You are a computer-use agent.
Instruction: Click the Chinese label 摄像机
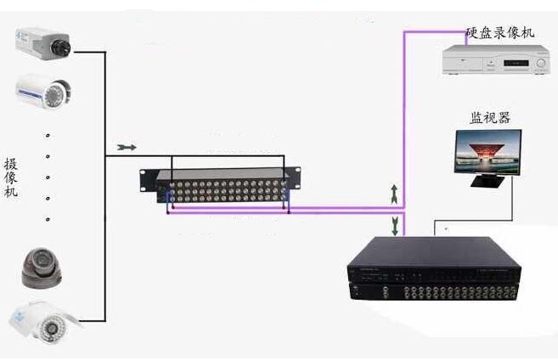11,178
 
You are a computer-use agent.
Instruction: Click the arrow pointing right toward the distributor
125,147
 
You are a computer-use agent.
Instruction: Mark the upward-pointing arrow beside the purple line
394,193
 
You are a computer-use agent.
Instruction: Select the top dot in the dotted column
48,135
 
